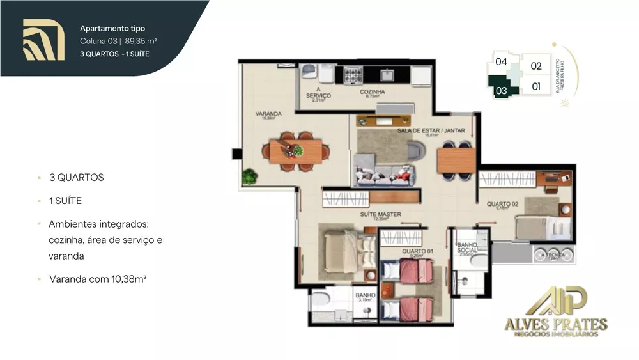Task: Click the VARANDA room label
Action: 268,114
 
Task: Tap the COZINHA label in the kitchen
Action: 372,92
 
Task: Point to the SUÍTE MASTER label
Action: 381,215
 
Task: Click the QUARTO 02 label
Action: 502,205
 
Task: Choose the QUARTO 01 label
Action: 417,251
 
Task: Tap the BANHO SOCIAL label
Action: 467,248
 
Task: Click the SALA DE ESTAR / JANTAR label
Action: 431,130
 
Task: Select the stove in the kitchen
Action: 353,75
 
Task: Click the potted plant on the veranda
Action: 249,176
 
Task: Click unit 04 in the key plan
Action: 501,62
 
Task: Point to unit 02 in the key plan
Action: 535,66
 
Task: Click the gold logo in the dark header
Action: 43,40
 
